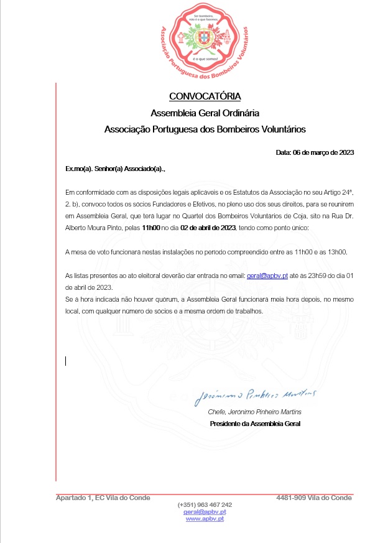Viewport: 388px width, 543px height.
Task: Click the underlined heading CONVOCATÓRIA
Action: point(205,96)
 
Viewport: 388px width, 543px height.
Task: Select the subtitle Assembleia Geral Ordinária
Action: point(205,113)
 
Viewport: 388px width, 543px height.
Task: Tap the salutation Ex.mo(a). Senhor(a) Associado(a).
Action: point(116,169)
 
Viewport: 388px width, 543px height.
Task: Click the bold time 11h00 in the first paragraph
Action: point(150,228)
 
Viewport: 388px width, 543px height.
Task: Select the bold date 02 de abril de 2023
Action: point(208,228)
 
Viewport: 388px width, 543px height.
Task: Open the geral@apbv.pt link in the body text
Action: point(267,274)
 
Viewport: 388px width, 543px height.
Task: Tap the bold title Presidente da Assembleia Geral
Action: point(255,424)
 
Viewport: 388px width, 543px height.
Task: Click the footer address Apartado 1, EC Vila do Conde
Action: point(103,498)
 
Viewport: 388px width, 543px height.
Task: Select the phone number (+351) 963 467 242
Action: point(205,504)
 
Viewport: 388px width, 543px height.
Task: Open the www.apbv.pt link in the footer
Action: point(205,518)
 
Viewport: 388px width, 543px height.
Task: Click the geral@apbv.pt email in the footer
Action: point(205,511)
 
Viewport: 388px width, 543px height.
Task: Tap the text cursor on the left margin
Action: point(66,361)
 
